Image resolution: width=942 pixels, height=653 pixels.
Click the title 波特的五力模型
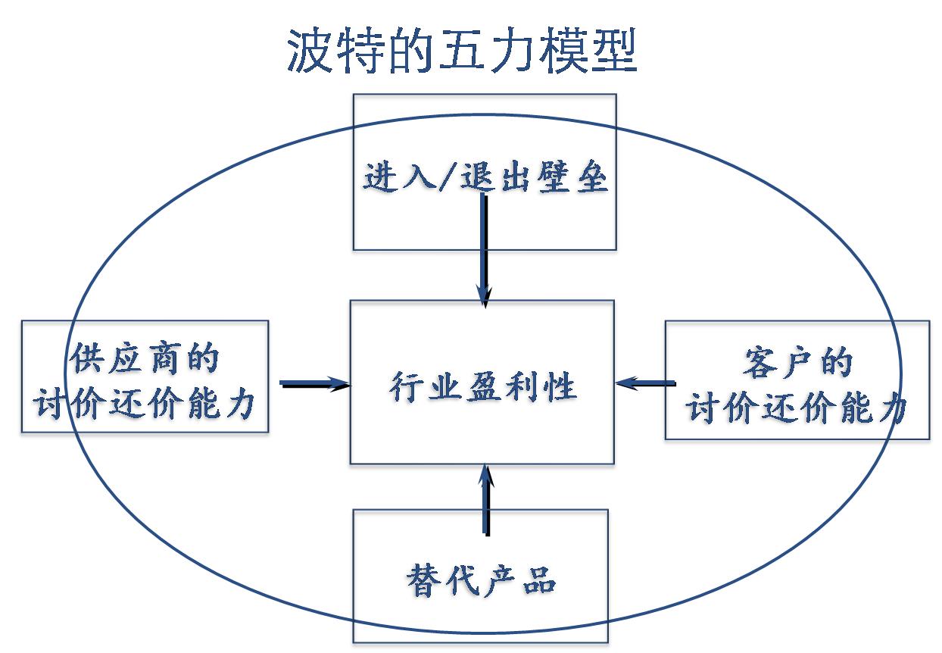(461, 51)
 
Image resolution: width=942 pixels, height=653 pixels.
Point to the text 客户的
(797, 363)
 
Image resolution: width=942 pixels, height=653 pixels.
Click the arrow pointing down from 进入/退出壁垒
(483, 250)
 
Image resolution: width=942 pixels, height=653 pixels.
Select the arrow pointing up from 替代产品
(485, 500)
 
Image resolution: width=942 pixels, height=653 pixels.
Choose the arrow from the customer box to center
(644, 384)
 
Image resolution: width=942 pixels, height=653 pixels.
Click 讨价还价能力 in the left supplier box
(144, 405)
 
